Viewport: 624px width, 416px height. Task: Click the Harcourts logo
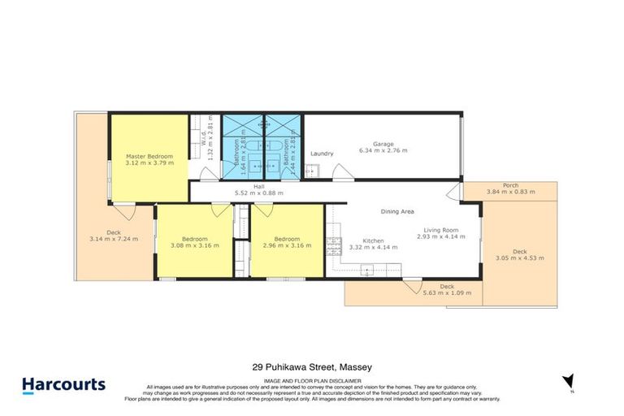point(63,383)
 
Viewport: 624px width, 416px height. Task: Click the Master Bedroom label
point(149,155)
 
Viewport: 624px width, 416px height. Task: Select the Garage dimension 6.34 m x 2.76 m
point(384,150)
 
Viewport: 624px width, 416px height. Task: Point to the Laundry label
point(323,153)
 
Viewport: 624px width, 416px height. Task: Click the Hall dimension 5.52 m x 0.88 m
point(259,193)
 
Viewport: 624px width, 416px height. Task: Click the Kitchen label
point(373,240)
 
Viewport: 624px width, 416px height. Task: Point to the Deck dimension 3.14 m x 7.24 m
point(113,239)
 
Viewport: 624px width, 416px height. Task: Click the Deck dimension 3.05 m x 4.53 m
point(519,258)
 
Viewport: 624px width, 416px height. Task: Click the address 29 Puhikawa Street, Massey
point(311,367)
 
